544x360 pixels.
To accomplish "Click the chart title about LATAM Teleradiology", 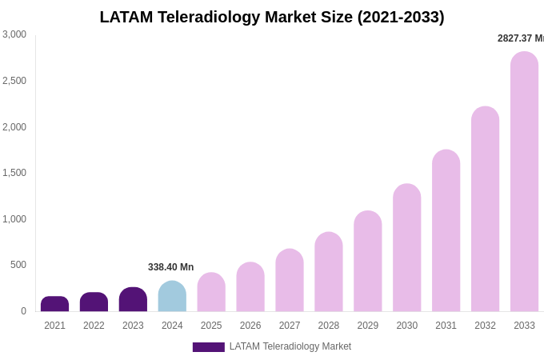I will point(272,17).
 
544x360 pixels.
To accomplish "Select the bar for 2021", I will point(54,304).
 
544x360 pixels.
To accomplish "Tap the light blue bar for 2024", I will point(172,296).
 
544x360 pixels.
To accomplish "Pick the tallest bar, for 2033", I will point(524,182).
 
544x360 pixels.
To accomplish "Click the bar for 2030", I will point(406,248).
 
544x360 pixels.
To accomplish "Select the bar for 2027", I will point(290,280).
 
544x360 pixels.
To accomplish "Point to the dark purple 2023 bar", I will point(133,299).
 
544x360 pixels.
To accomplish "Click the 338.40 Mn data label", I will point(170,267).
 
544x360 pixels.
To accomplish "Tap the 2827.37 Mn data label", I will point(520,38).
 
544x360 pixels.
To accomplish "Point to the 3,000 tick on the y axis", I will point(14,34).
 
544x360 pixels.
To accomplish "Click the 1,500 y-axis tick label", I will point(14,173).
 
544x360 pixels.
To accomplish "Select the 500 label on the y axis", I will point(18,265).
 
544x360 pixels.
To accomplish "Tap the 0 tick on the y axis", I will point(23,311).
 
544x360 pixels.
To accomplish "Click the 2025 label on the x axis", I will point(211,326).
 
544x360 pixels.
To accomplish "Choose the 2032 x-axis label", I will point(485,326).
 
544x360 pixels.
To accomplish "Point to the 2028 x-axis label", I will point(329,326).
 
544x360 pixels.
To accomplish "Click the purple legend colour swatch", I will point(208,347).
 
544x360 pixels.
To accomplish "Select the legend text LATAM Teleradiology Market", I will point(290,346).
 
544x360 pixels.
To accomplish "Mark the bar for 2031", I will point(446,230).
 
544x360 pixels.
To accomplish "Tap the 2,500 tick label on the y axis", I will point(14,81).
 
